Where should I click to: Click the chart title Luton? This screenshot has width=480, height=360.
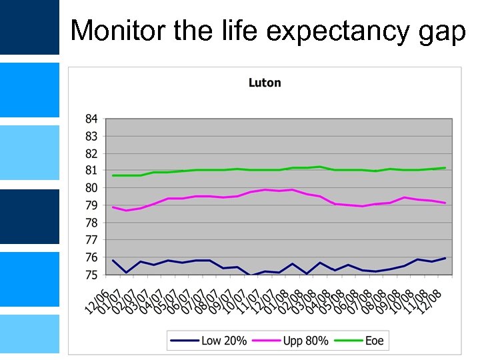(x=265, y=83)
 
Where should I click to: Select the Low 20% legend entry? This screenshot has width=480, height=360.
(x=209, y=341)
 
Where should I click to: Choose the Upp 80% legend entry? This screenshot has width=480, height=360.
(x=289, y=341)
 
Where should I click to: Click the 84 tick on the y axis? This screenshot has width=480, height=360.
(x=91, y=119)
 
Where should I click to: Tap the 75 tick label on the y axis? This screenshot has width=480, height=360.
(x=91, y=275)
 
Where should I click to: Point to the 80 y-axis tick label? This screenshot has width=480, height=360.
(x=91, y=189)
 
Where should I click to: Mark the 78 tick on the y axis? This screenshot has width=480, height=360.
(x=91, y=223)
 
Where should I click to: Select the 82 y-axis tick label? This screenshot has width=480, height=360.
(x=91, y=154)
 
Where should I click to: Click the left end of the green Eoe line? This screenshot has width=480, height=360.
(x=113, y=175)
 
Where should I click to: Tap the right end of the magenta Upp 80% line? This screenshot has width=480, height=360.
(x=445, y=203)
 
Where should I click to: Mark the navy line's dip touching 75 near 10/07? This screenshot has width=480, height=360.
(x=251, y=275)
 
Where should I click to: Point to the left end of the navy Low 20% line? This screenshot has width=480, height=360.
(x=113, y=260)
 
